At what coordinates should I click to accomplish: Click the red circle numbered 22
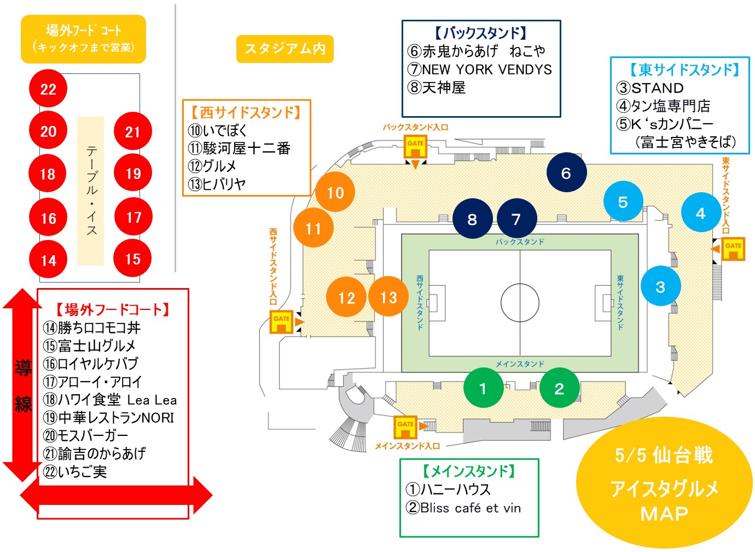pos(48,89)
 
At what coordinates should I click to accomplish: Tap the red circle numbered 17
pos(133,217)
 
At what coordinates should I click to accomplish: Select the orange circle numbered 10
pos(335,192)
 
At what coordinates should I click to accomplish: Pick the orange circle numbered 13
pos(388,297)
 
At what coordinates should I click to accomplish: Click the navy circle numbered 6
pos(566,173)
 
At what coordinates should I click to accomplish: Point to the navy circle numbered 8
pos(472,219)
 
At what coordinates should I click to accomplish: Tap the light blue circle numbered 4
pos(701,212)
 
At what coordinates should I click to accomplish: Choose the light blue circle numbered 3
pos(660,286)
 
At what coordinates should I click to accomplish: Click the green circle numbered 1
pos(483,388)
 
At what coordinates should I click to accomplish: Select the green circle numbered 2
pos(559,388)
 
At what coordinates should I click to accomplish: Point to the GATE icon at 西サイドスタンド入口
pos(281,322)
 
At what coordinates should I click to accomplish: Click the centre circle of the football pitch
pos(520,303)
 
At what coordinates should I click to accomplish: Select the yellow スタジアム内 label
pos(285,49)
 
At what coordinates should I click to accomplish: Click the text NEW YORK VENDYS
pos(487,70)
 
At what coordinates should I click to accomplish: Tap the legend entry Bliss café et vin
pos(470,508)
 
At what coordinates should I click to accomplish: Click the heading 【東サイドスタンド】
pos(683,70)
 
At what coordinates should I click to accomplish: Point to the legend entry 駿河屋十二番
pos(246,148)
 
